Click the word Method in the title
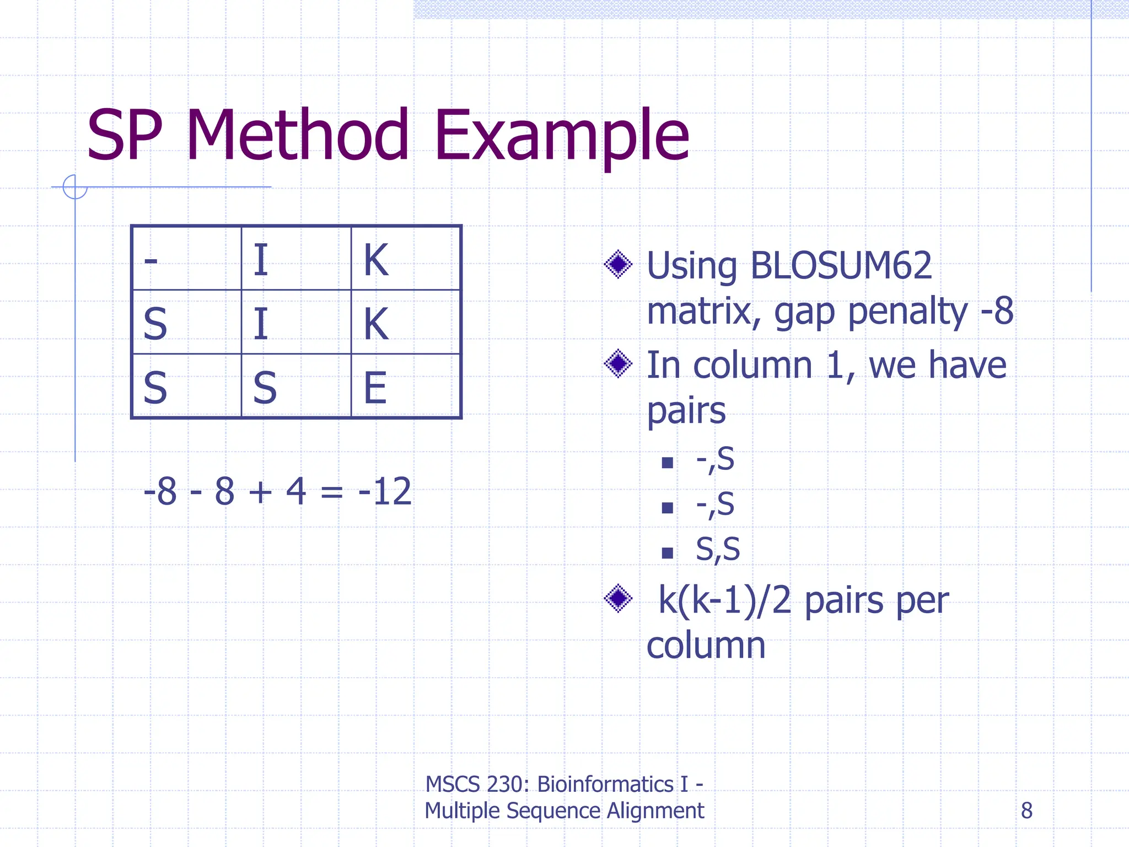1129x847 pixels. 298,135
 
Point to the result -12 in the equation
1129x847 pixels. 384,491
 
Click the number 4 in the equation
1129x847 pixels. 296,491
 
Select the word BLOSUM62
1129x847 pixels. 841,266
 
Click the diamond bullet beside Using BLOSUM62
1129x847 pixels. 618,265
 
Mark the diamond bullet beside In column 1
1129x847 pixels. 618,364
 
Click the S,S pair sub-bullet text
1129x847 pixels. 717,549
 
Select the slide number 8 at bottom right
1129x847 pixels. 1026,811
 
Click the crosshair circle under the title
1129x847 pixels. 75,187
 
